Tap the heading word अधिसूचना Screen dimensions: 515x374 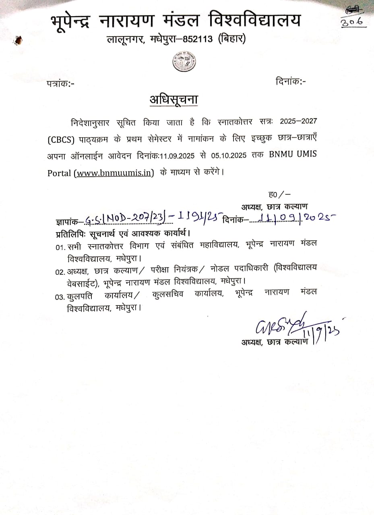coord(174,99)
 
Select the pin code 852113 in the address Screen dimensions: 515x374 coord(198,39)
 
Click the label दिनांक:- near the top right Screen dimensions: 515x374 coord(291,81)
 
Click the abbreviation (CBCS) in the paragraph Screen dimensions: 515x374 coord(61,140)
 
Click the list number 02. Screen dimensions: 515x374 coord(60,272)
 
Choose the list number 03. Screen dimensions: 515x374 coord(60,297)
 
